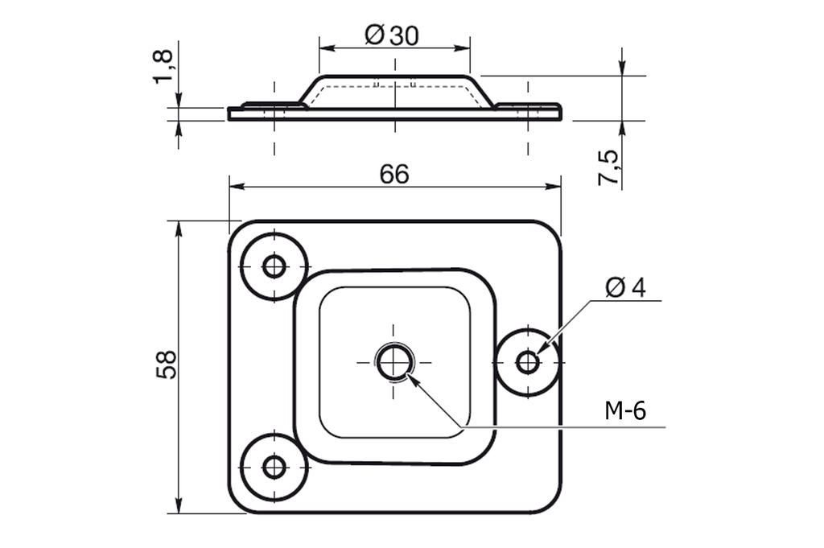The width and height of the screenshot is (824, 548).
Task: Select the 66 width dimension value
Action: click(394, 174)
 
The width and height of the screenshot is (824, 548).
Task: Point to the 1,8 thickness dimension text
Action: click(163, 65)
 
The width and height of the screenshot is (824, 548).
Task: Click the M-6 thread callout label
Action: click(625, 411)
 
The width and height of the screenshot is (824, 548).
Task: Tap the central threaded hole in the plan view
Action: click(393, 361)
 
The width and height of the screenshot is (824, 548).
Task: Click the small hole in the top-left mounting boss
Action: click(274, 266)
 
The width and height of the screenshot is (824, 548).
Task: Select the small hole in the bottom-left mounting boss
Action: click(274, 467)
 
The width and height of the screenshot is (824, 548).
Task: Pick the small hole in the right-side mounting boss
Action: click(528, 362)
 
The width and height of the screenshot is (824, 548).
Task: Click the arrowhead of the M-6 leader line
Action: click(413, 377)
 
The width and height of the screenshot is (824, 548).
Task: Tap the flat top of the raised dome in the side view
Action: click(394, 78)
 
